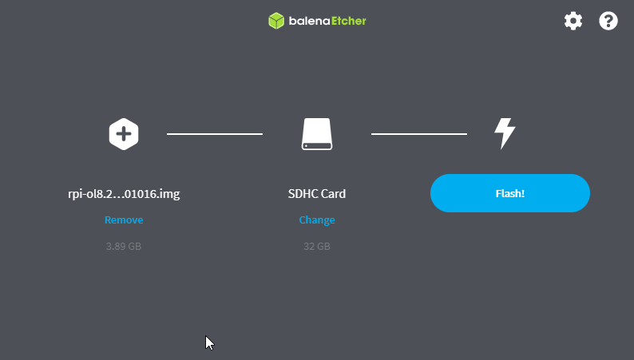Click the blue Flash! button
(510, 193)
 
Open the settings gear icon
(573, 21)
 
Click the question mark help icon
(608, 21)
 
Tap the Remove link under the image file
(124, 220)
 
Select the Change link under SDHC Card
(316, 220)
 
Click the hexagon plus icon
(124, 134)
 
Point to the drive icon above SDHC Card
(317, 134)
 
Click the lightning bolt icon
(505, 134)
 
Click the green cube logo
(276, 21)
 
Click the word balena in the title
(309, 21)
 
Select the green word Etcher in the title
(348, 21)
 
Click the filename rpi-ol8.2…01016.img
(124, 194)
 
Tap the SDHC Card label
(316, 194)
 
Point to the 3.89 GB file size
(124, 247)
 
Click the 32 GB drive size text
(316, 247)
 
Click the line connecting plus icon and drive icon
(215, 134)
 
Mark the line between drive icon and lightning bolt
(419, 134)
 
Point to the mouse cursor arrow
(208, 342)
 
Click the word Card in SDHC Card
(334, 194)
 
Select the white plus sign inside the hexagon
(124, 134)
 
